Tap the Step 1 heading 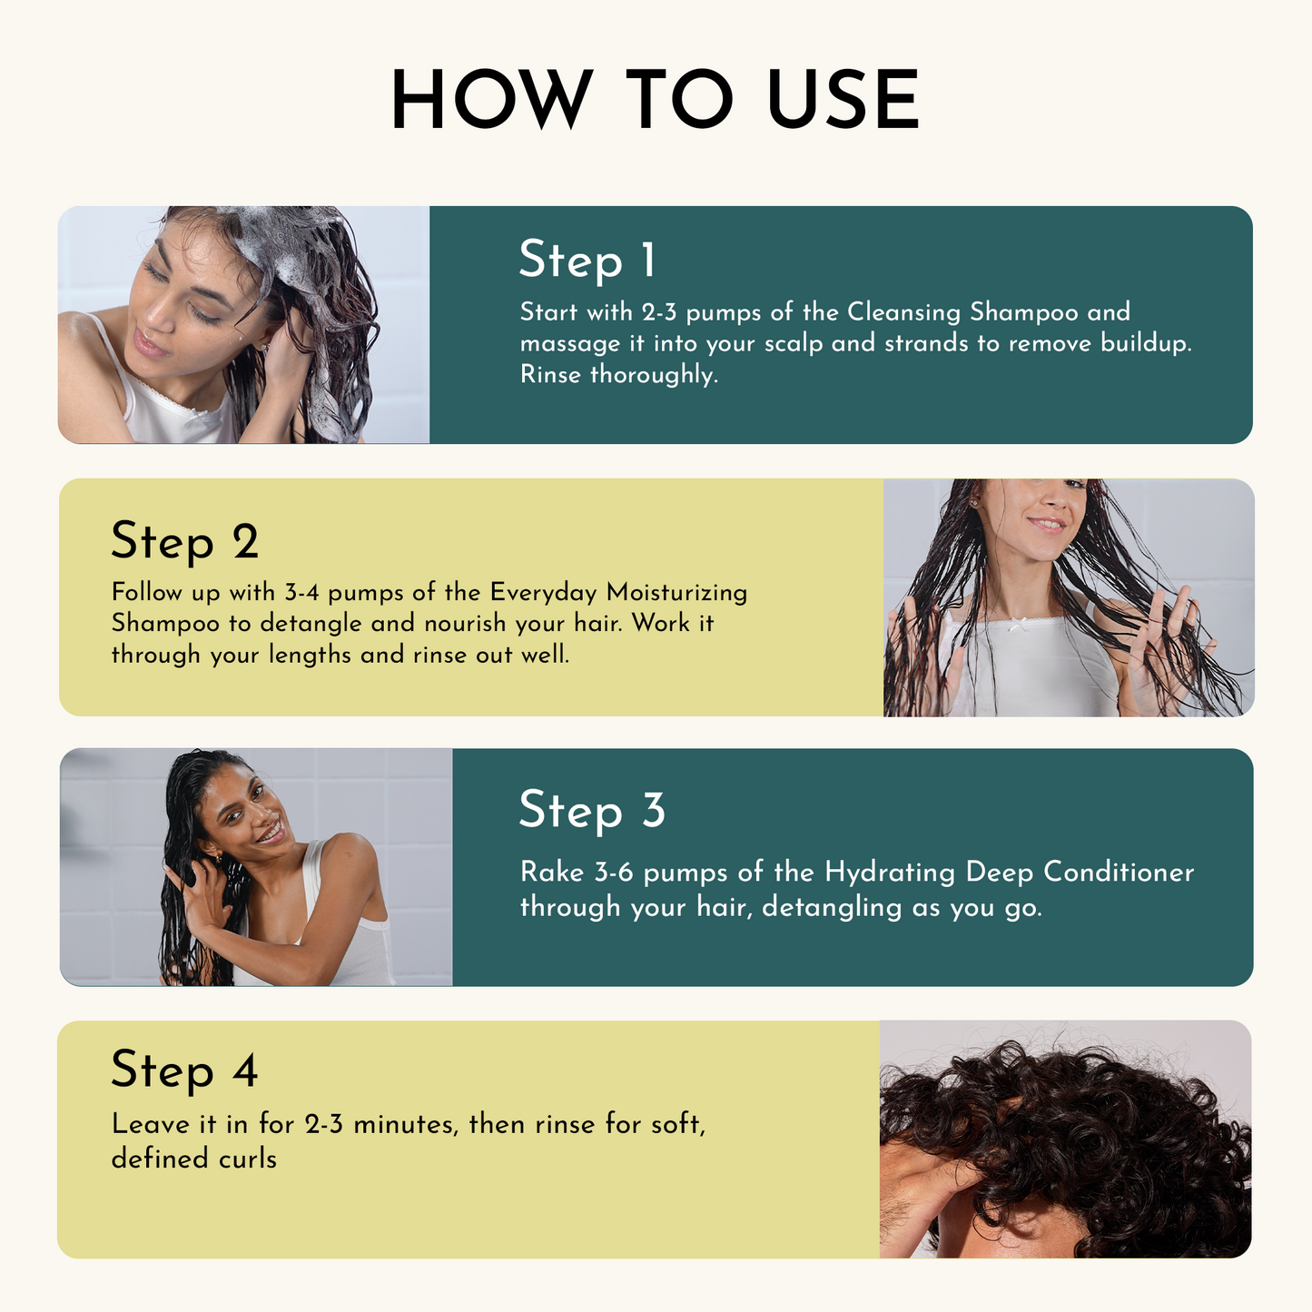pyautogui.click(x=587, y=261)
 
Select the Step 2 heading pyautogui.click(x=184, y=542)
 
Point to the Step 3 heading pyautogui.click(x=591, y=810)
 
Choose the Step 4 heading pyautogui.click(x=184, y=1070)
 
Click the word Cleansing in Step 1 pyautogui.click(x=903, y=312)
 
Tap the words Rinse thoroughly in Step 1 pyautogui.click(x=618, y=374)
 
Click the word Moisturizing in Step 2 pyautogui.click(x=676, y=593)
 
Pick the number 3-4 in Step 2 pyautogui.click(x=301, y=593)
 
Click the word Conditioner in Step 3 pyautogui.click(x=1119, y=873)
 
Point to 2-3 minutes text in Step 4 pyautogui.click(x=381, y=1125)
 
